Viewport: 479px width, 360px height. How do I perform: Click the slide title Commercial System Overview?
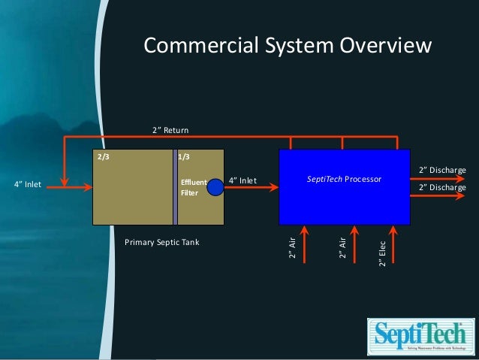point(288,47)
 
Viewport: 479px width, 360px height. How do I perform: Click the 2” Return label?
point(170,131)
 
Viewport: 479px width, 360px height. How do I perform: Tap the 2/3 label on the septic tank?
point(103,157)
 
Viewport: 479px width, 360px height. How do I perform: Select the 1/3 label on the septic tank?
point(183,157)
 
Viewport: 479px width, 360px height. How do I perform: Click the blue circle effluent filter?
point(215,186)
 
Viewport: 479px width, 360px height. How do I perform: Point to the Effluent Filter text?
point(193,186)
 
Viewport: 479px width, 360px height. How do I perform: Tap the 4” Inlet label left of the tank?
point(29,184)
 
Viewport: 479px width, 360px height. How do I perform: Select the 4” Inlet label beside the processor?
point(243,180)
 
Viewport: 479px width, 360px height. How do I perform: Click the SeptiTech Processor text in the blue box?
point(344,180)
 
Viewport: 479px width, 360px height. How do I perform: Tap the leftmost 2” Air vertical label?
point(292,249)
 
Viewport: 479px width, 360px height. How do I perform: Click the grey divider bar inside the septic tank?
point(175,186)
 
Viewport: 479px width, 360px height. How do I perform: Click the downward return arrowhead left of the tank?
point(66,181)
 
